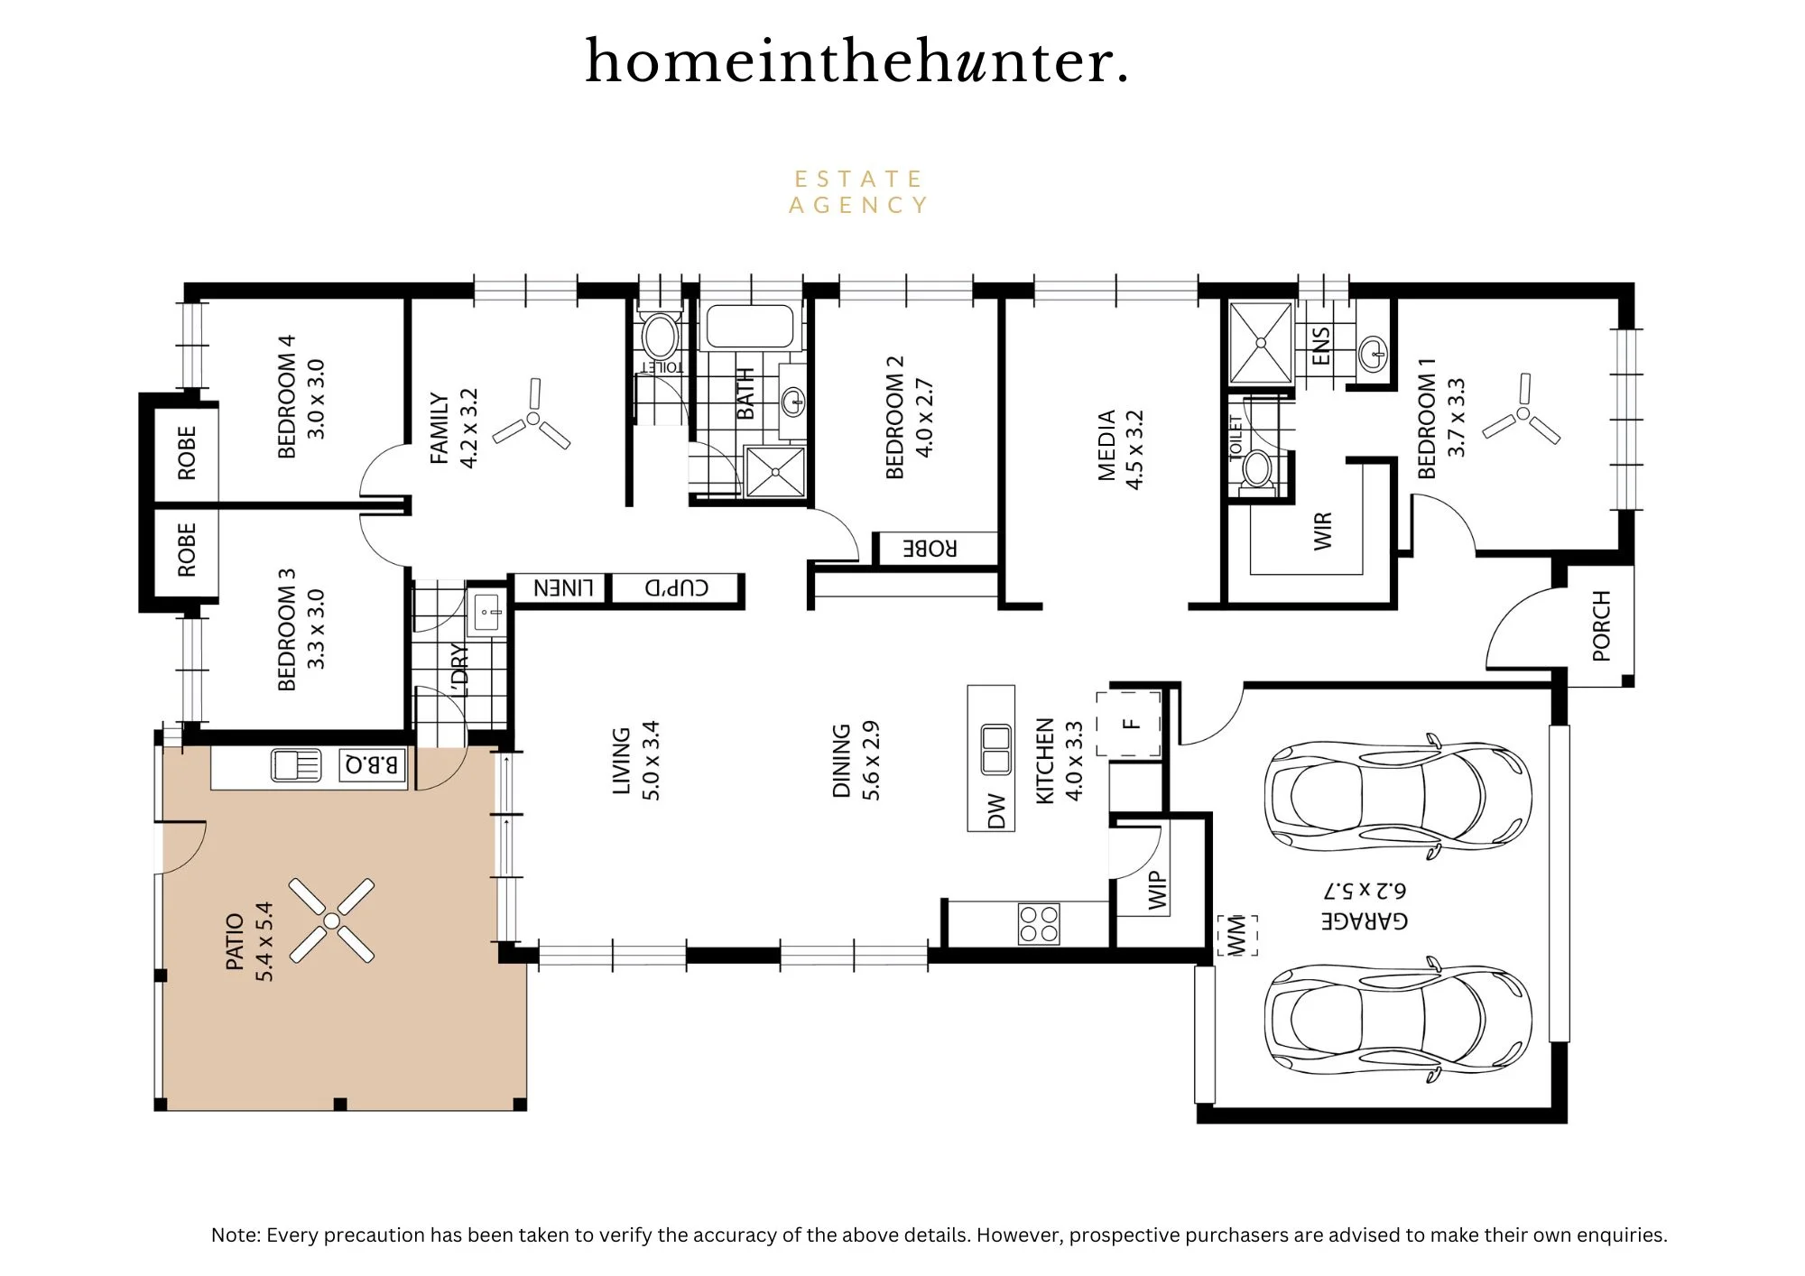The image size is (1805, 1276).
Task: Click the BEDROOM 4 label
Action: click(x=287, y=397)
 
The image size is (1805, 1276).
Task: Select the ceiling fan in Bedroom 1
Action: click(x=1523, y=412)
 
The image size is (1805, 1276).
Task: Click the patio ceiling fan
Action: click(x=331, y=920)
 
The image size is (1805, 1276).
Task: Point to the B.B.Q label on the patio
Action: click(x=371, y=766)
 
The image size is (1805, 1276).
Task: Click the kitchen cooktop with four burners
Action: click(x=1039, y=924)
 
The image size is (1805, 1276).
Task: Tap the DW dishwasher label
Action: click(x=996, y=810)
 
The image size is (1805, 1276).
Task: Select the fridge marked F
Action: click(x=1129, y=724)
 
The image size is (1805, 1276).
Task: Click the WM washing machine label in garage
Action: click(x=1236, y=935)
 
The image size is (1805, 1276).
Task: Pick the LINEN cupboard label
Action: click(x=563, y=588)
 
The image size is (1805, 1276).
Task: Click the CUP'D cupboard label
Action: click(x=677, y=588)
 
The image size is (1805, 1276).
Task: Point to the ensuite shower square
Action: click(x=1260, y=344)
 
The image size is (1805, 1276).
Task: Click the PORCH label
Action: click(x=1601, y=625)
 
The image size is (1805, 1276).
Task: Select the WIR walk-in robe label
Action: click(x=1322, y=532)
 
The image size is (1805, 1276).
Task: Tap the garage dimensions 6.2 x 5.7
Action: click(x=1365, y=890)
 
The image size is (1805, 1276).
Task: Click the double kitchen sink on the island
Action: click(x=995, y=749)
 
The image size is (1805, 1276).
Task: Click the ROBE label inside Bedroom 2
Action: click(x=930, y=548)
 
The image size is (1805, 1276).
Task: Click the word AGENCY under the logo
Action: click(x=858, y=206)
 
